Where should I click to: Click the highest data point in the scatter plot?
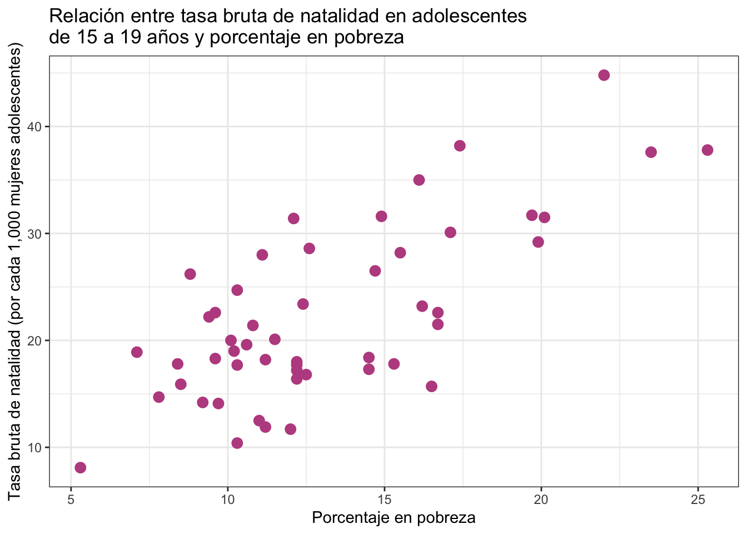click(604, 75)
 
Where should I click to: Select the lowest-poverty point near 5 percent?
click(81, 468)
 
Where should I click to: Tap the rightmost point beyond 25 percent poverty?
click(708, 150)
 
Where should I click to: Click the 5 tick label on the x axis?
click(71, 500)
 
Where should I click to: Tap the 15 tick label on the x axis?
click(384, 500)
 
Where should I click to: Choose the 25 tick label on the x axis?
click(698, 500)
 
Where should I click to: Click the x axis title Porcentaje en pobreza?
click(394, 518)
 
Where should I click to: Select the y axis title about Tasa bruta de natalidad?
click(14, 271)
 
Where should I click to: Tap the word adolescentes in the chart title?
click(469, 16)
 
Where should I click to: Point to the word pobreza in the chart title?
click(369, 37)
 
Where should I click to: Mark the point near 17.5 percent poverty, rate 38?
click(460, 146)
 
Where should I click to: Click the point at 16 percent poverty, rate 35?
click(419, 180)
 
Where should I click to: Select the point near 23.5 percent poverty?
click(651, 152)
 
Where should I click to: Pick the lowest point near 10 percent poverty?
click(237, 443)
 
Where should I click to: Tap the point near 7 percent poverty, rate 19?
click(137, 352)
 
